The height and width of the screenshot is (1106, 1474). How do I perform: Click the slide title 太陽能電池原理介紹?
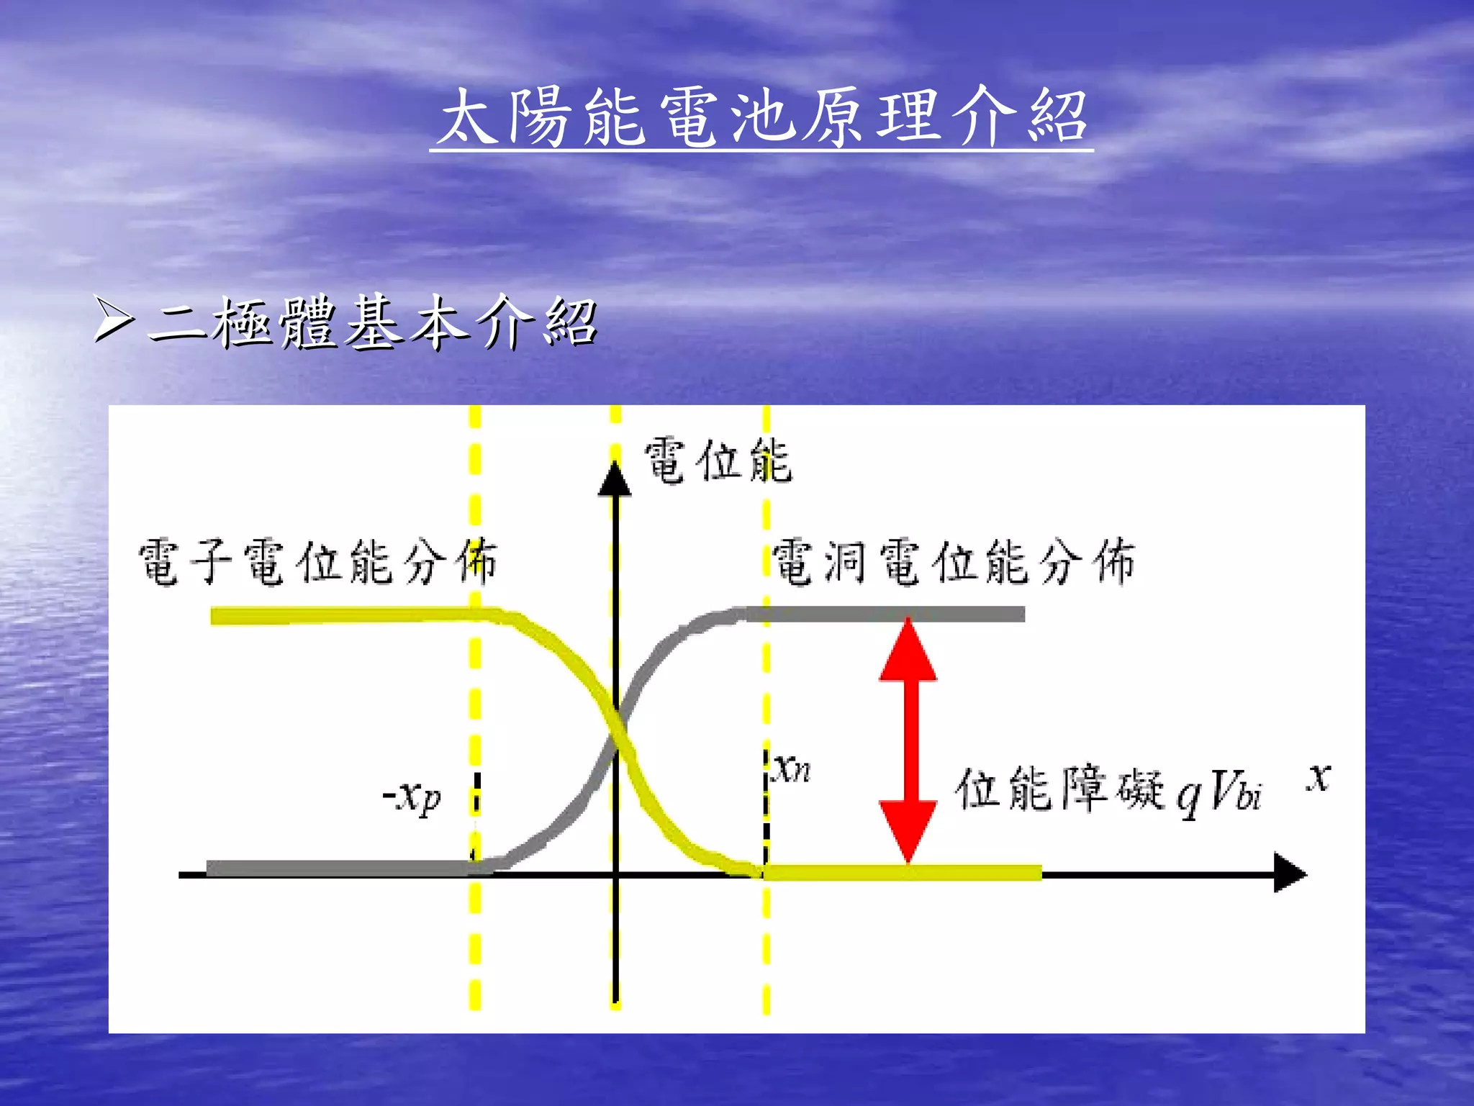(x=761, y=117)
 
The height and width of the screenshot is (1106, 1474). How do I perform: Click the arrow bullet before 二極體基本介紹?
(x=114, y=320)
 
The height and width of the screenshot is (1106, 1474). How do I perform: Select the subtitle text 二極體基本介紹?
(x=373, y=322)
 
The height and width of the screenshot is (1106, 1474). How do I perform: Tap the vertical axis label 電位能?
(x=718, y=461)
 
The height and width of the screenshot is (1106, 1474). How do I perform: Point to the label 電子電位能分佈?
(x=317, y=562)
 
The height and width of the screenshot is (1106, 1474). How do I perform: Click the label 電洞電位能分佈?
(x=953, y=562)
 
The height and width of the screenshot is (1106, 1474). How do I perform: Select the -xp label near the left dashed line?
(x=412, y=797)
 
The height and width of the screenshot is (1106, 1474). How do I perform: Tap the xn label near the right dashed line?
(x=792, y=769)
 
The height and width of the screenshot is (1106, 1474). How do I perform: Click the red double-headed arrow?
(x=908, y=741)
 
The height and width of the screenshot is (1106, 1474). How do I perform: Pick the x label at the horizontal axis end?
(x=1319, y=777)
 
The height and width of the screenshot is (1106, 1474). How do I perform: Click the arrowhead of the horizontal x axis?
(x=1289, y=873)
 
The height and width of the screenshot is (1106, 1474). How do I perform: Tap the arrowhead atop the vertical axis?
(x=615, y=479)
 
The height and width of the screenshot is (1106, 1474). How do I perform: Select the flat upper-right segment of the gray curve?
(x=885, y=614)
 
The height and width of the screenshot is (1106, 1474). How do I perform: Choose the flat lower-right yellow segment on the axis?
(x=900, y=873)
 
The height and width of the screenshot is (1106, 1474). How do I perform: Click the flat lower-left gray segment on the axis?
(x=338, y=868)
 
